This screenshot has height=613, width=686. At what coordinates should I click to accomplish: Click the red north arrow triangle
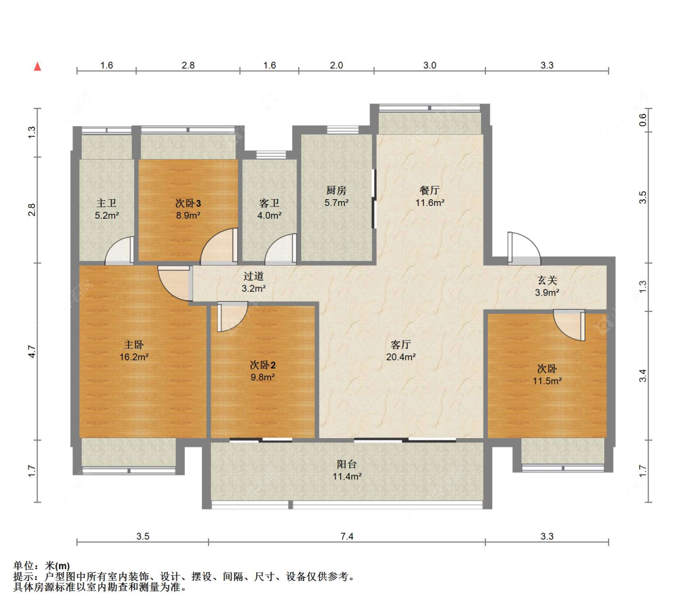click(38, 66)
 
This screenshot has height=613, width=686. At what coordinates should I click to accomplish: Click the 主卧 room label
click(134, 344)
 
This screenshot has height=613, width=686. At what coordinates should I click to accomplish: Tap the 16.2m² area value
click(134, 357)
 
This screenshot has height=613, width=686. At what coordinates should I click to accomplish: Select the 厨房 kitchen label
click(337, 190)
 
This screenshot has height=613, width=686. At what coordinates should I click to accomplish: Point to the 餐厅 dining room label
click(430, 190)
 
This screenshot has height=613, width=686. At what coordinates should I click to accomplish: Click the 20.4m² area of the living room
click(401, 357)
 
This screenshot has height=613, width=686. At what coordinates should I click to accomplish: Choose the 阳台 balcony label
click(347, 464)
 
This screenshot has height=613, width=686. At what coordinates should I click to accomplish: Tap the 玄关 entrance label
click(547, 280)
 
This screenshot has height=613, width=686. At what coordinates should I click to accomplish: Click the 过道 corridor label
click(254, 276)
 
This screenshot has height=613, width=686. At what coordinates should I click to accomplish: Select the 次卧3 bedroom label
click(188, 204)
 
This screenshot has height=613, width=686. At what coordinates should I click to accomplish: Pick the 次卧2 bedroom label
click(262, 365)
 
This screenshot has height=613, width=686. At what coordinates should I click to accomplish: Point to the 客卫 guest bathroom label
click(269, 204)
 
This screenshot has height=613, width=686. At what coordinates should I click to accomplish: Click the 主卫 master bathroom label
click(107, 204)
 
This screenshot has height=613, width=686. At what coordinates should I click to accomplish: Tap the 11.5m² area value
click(547, 381)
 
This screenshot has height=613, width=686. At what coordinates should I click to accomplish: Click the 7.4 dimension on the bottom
click(347, 536)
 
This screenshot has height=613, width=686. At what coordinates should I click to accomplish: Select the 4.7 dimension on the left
click(32, 352)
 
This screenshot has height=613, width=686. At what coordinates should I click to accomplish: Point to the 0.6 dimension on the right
click(642, 120)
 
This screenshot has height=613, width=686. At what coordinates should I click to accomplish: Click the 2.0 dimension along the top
click(337, 65)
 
